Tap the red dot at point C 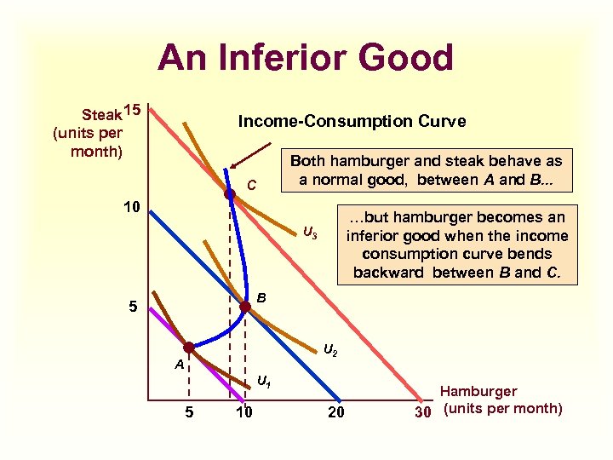tap(229, 195)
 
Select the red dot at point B tap(245, 312)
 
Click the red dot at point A tap(189, 348)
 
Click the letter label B tap(262, 298)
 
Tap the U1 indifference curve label tap(265, 382)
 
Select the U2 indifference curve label tap(331, 349)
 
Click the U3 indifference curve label tap(310, 233)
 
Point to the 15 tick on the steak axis tap(130, 110)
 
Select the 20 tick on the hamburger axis tap(339, 413)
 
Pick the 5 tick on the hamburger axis tap(188, 413)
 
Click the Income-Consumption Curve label tap(352, 121)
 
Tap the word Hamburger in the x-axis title tap(478, 391)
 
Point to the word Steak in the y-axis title tap(100, 114)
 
